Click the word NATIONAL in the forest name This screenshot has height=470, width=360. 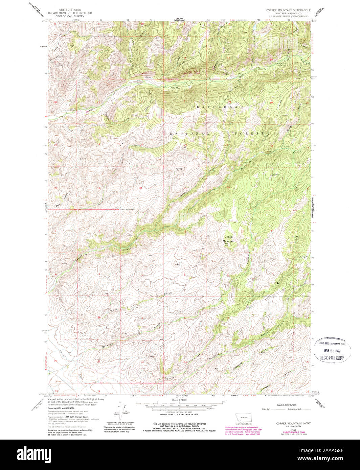coord(186,134)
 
